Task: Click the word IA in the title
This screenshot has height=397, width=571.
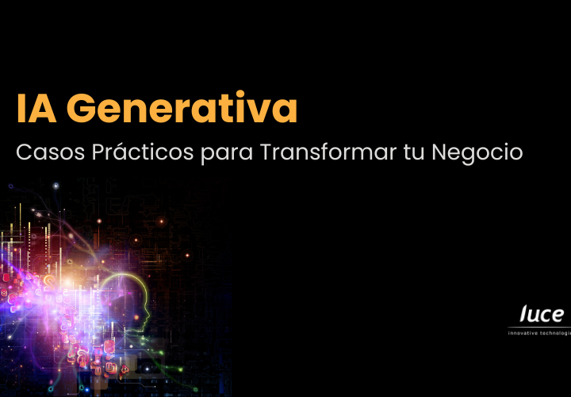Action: [36, 108]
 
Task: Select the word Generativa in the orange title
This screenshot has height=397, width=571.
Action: [182, 108]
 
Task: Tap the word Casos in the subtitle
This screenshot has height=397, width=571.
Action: [50, 152]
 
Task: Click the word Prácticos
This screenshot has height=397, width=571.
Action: [143, 152]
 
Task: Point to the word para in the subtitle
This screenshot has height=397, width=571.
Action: [227, 154]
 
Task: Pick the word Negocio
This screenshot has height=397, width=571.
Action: [477, 152]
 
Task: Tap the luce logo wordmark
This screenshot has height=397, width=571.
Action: [542, 314]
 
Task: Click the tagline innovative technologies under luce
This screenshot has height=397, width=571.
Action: [539, 333]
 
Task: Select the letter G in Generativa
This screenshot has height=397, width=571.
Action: [80, 108]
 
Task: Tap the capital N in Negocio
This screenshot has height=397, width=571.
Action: [440, 152]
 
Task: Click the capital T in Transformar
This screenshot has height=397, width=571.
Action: [266, 152]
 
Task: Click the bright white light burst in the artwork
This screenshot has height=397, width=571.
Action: [68, 283]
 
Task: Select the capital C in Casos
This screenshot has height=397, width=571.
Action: [24, 152]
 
